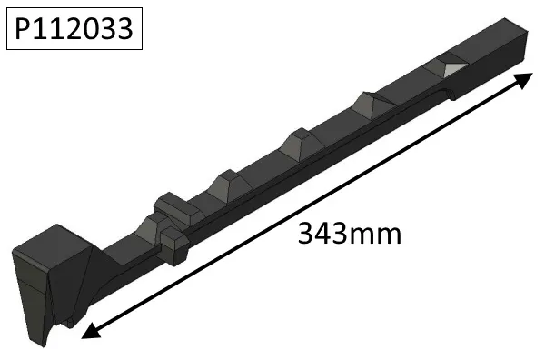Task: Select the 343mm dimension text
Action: click(x=350, y=234)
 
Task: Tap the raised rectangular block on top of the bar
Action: click(x=174, y=205)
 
